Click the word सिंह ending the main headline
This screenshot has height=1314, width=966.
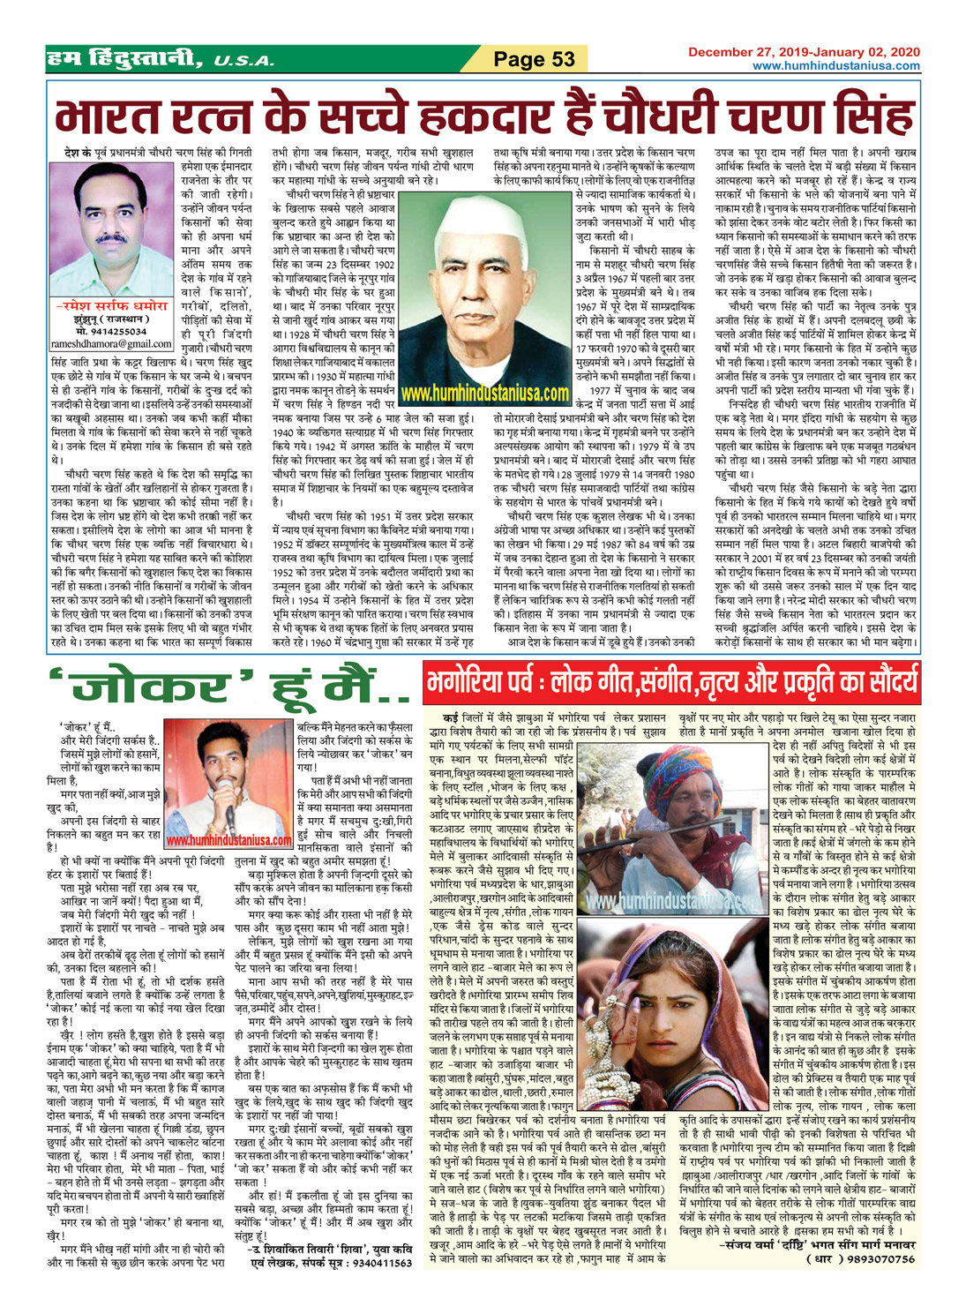tap(870, 116)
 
